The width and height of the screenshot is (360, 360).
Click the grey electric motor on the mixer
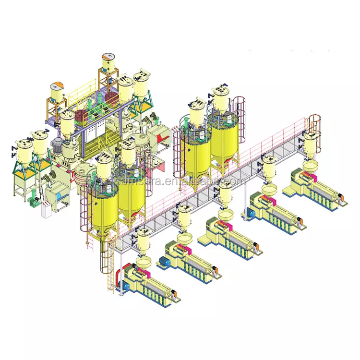[x=59, y=144]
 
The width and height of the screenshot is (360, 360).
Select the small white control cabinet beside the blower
[x=46, y=210]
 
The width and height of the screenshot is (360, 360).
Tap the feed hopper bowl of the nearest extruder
[x=143, y=262]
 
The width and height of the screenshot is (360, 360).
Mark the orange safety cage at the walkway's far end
[x=314, y=123]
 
